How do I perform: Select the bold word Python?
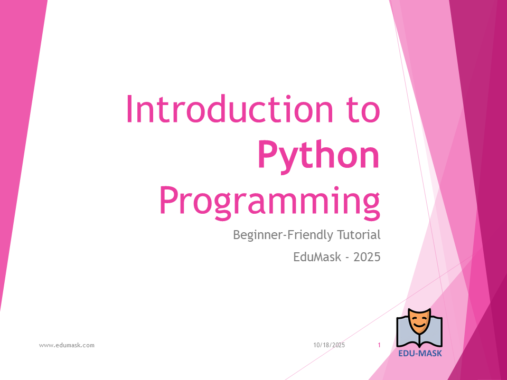[319, 156]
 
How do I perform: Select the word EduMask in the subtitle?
[317, 257]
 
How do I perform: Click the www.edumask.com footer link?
[67, 345]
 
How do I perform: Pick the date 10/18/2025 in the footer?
[329, 345]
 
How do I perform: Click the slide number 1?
[379, 345]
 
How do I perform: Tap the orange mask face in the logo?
[419, 321]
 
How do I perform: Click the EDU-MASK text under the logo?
[420, 354]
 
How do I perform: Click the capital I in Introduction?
[129, 109]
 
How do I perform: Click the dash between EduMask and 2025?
[347, 258]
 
